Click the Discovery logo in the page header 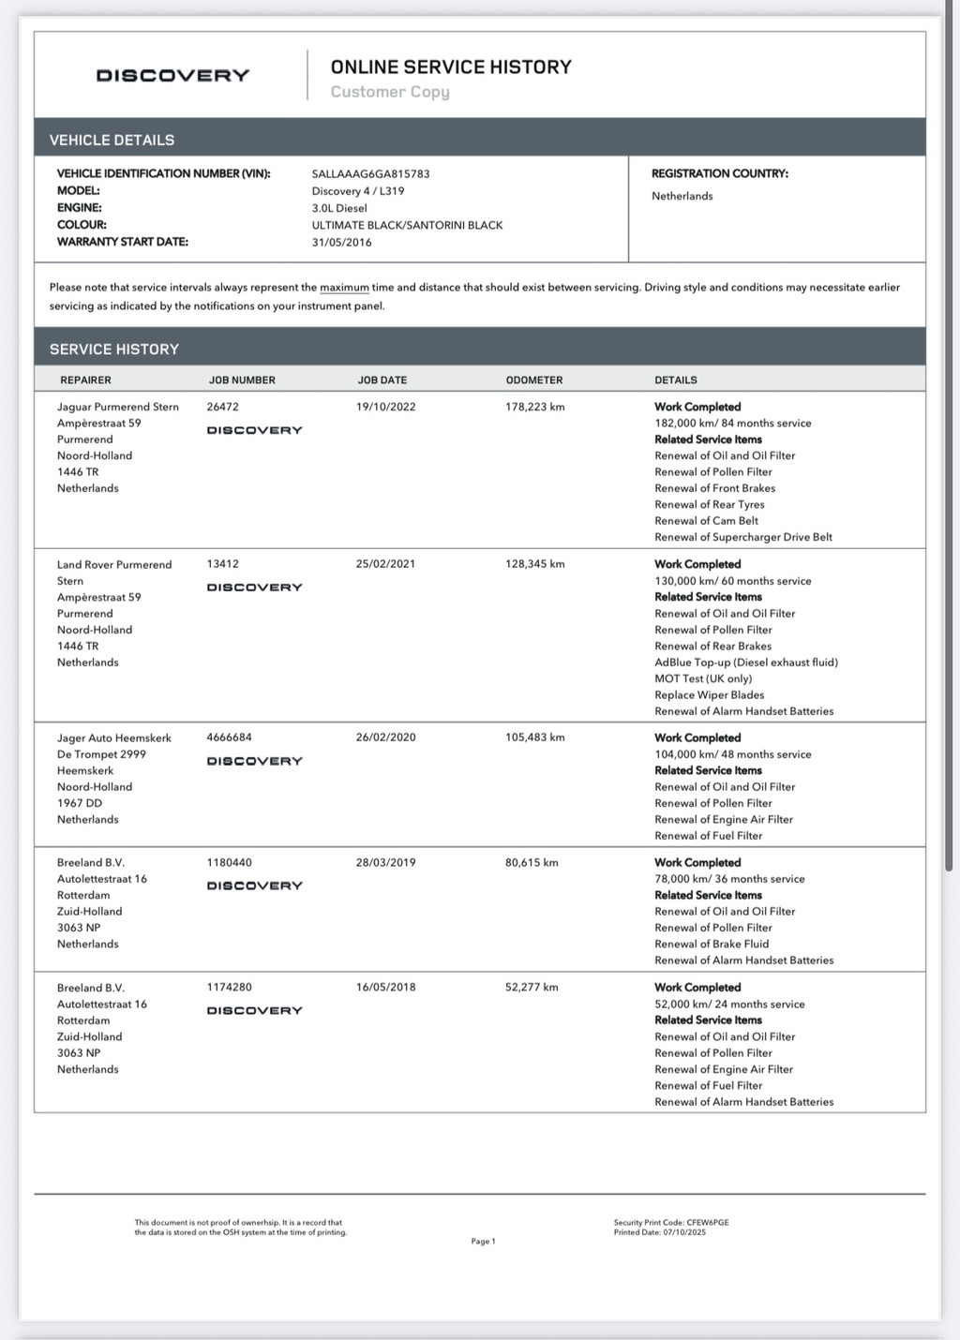click(172, 76)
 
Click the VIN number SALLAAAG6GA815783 click(370, 173)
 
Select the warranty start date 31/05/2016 click(341, 242)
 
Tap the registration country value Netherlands click(682, 196)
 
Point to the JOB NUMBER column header click(242, 380)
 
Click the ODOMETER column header click(534, 380)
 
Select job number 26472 click(222, 407)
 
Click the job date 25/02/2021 click(385, 564)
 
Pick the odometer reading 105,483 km click(534, 737)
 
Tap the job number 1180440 click(229, 862)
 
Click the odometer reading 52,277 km click(532, 987)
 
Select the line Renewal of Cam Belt click(706, 521)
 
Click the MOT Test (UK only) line click(703, 678)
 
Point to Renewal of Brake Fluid click(711, 944)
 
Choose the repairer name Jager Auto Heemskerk click(113, 737)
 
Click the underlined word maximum click(344, 288)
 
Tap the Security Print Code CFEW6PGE click(707, 1223)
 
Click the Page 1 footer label click(483, 1241)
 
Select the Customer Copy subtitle click(390, 92)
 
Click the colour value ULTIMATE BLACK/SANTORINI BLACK click(407, 225)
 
